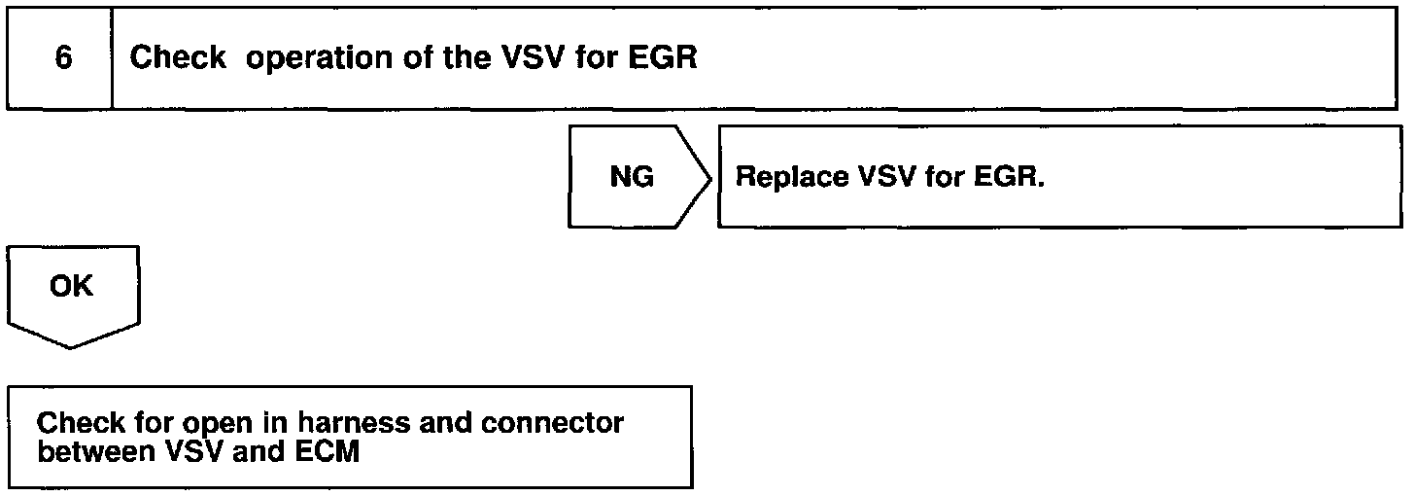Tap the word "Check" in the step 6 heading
click(x=178, y=58)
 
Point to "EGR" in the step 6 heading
click(x=663, y=58)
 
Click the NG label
click(x=632, y=177)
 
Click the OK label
click(x=72, y=287)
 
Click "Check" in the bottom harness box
click(x=82, y=425)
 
